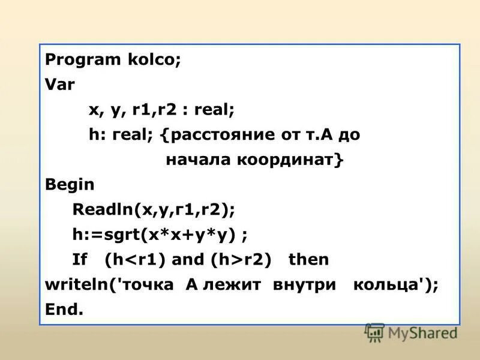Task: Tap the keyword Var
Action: [x=60, y=85]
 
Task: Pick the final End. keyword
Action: [x=64, y=309]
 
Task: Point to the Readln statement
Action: [x=154, y=209]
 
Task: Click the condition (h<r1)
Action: [x=136, y=259]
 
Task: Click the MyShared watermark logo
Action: [x=412, y=332]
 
